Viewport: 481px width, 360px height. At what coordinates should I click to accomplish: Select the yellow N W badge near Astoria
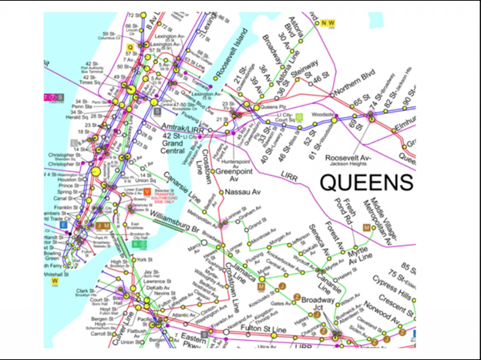pyautogui.click(x=329, y=23)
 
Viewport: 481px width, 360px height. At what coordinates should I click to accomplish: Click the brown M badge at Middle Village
pyautogui.click(x=377, y=228)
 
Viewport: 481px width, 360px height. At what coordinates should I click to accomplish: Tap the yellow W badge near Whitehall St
pyautogui.click(x=55, y=281)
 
